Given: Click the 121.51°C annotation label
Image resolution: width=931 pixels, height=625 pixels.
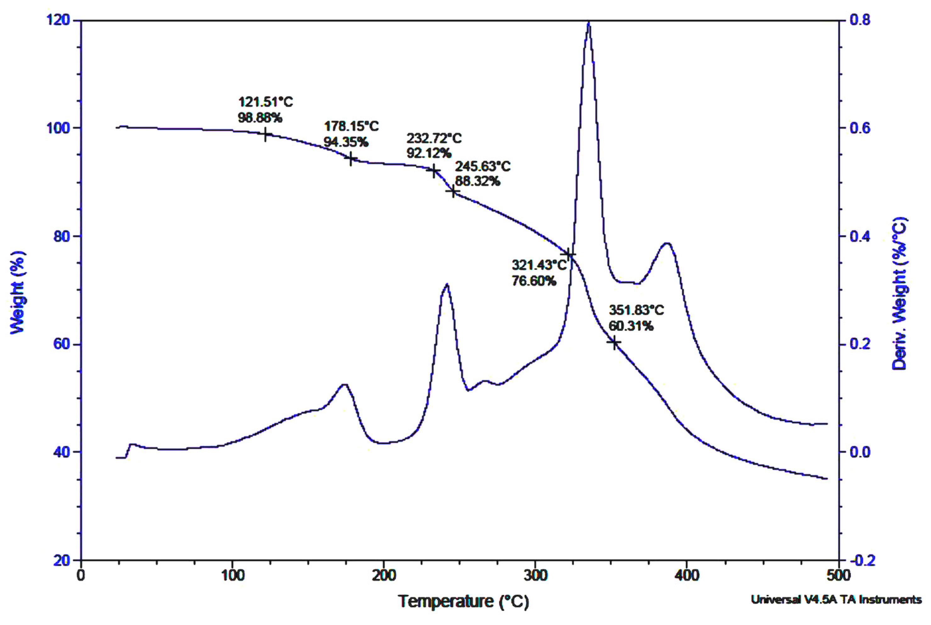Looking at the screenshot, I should pos(265,102).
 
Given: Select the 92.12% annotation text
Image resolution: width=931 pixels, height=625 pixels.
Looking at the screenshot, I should pos(429,153).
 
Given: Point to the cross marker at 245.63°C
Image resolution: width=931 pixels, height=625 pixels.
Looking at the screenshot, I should pos(453,192).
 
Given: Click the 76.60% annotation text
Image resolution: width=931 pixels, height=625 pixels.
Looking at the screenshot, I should pos(534,281).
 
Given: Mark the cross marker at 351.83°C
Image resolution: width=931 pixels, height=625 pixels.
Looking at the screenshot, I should pos(615,343).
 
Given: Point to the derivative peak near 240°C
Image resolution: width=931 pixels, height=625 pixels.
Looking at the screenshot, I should pos(447,285).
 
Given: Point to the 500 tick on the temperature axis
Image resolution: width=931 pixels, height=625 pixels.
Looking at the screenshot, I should pos(839,576).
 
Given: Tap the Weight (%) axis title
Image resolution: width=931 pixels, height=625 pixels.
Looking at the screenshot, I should pos(17,292).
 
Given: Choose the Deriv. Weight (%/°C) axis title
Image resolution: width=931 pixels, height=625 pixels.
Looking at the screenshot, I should pos(900,293).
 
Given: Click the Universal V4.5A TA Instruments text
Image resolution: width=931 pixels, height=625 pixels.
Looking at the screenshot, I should pos(836,600).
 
